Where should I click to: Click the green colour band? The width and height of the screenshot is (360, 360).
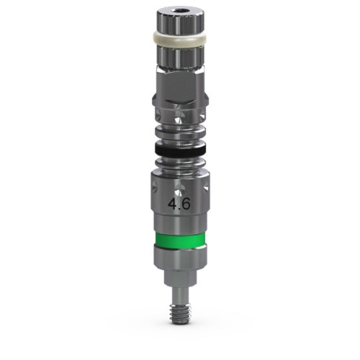[x=179, y=240]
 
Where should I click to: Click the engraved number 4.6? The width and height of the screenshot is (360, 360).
[x=179, y=204]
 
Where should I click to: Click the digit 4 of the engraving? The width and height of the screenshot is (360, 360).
[x=172, y=204]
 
